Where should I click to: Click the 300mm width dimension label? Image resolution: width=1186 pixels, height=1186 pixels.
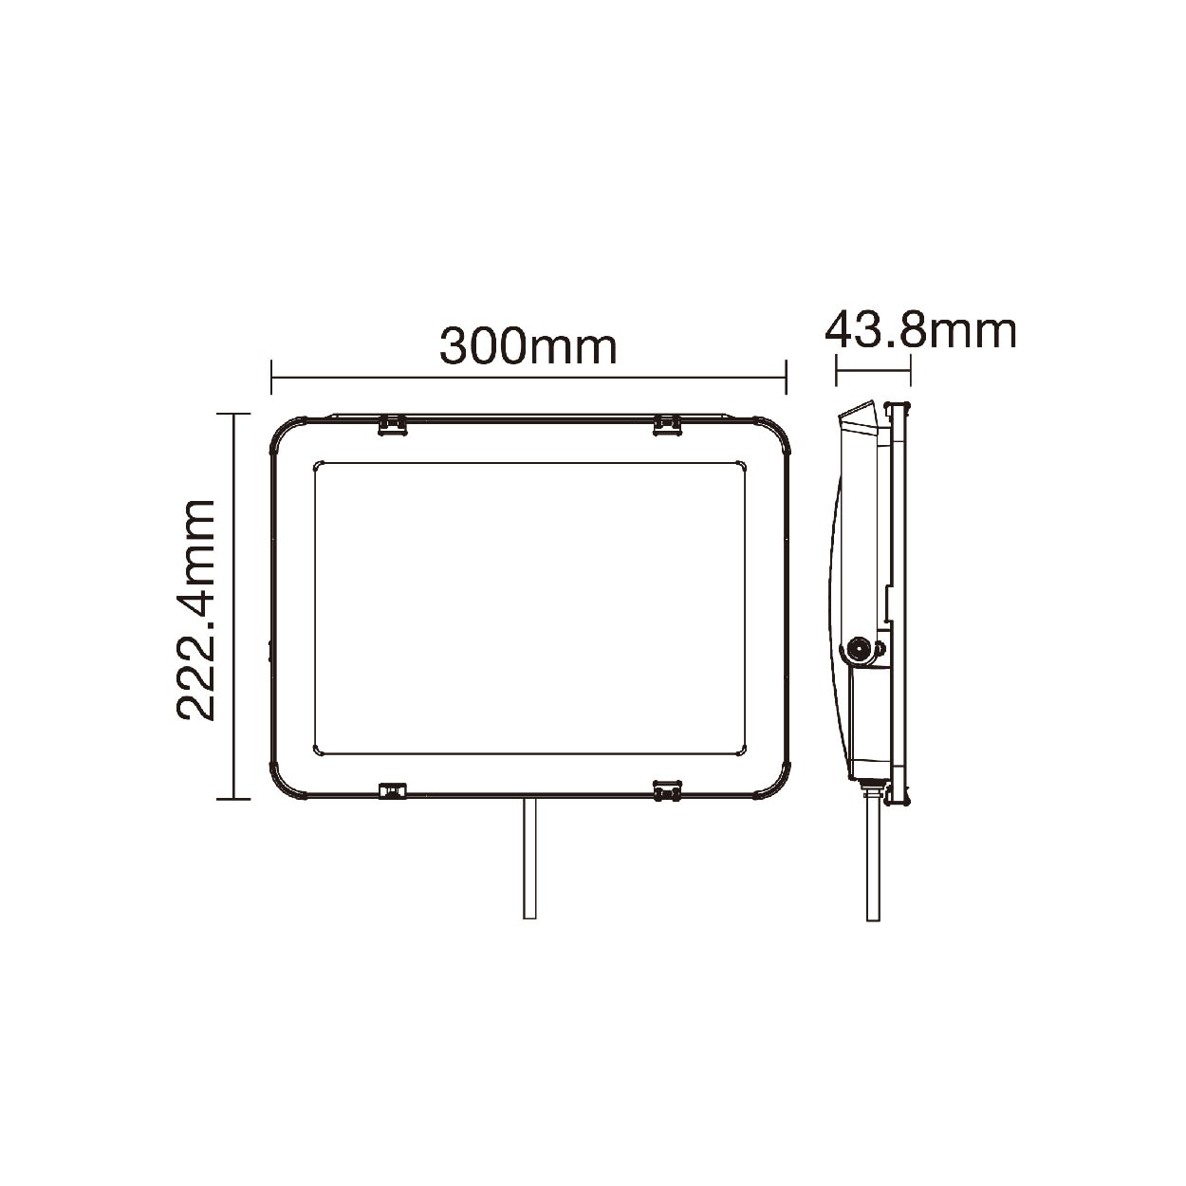click(528, 347)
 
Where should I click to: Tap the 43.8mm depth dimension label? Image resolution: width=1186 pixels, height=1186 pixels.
click(920, 332)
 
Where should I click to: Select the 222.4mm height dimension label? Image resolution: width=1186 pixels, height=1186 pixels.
click(195, 609)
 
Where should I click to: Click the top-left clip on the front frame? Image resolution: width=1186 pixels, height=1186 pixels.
click(392, 425)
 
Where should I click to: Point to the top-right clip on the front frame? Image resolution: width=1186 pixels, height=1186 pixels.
click(667, 425)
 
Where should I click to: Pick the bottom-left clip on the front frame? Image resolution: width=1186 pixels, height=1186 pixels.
click(393, 790)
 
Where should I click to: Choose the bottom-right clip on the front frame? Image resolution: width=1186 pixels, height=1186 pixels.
click(667, 790)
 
